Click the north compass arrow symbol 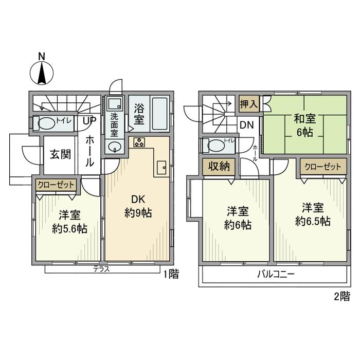point(42,73)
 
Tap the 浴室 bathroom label point(139,114)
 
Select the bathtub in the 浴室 point(160,114)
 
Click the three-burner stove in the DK point(139,142)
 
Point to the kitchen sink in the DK point(161,168)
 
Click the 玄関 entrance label point(61,154)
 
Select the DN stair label point(247,125)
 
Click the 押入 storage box point(249,104)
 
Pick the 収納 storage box point(219,167)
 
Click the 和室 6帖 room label point(304,126)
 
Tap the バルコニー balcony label point(276,274)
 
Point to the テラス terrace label point(101,269)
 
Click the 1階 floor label point(171,274)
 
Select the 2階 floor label point(342,296)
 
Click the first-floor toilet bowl point(46,123)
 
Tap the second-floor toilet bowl point(217,146)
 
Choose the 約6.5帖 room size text point(313,222)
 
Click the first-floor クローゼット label point(56,185)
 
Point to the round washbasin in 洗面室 point(114,146)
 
